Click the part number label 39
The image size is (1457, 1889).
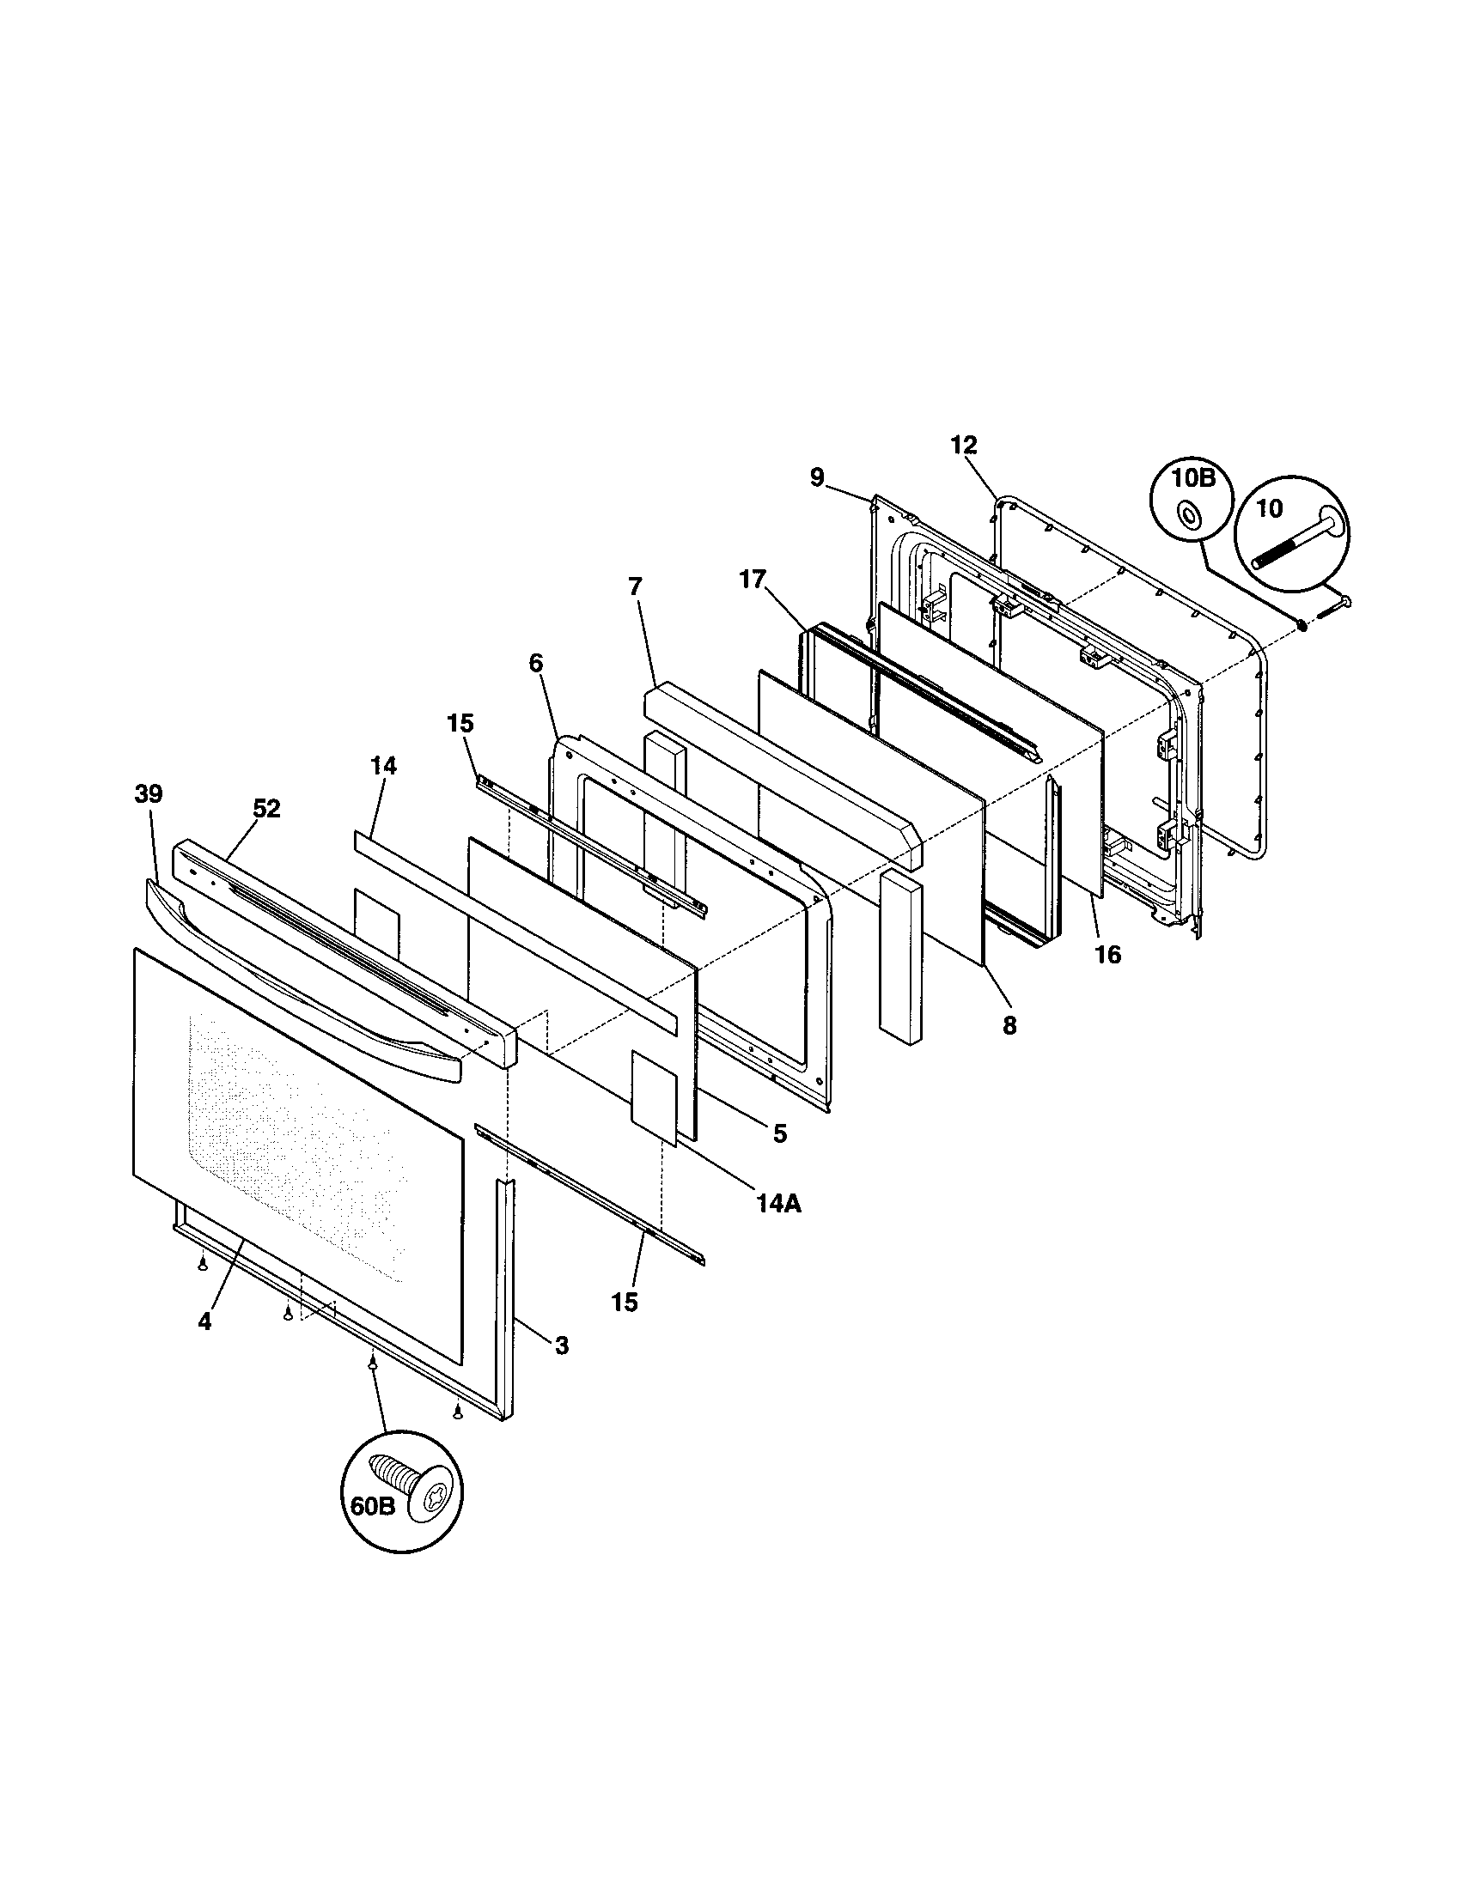pos(149,795)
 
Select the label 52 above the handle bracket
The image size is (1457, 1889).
pos(266,809)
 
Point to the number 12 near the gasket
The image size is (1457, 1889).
pos(963,446)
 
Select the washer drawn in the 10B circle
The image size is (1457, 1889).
pos(1192,517)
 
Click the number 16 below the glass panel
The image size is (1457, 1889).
pos(1107,955)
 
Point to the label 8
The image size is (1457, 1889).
pos(1009,1026)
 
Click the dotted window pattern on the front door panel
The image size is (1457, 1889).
pos(294,1142)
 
